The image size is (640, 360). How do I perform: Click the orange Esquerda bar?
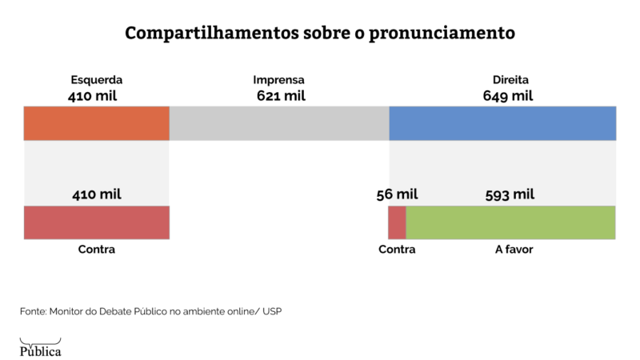96,123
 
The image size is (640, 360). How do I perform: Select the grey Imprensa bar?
278,123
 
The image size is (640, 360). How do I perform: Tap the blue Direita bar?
502,123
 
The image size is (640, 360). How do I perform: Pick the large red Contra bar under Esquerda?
96,222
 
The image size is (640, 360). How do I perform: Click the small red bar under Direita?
397,222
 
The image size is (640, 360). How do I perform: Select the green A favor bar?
510,222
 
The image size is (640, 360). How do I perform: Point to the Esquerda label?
96,80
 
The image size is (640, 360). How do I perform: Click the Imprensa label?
278,80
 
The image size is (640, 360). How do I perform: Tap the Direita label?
510,80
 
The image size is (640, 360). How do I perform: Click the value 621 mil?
281,96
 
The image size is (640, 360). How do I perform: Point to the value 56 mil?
397,194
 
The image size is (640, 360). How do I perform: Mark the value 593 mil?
510,194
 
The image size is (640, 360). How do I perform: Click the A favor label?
514,250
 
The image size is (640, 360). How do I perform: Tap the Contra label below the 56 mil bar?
397,250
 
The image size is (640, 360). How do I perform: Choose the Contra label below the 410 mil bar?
96,250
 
